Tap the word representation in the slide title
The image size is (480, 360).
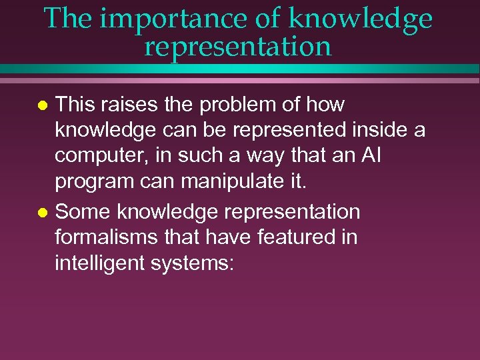(237, 46)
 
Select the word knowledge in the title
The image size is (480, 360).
(360, 19)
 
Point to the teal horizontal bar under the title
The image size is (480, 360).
(240, 69)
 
